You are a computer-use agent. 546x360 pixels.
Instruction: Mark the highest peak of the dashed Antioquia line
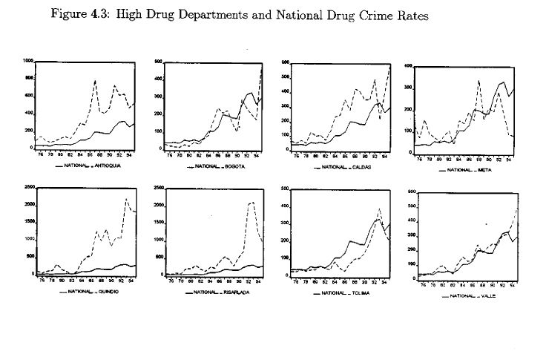tap(95, 80)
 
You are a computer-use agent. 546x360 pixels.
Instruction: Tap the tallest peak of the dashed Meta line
tap(478, 82)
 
